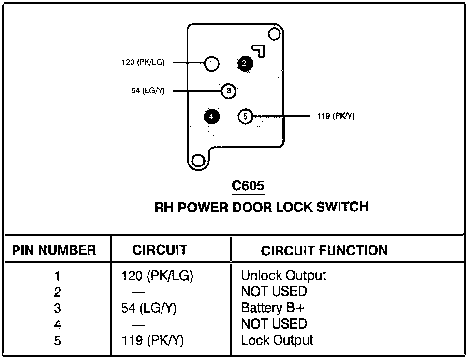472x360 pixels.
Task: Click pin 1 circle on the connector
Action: (211, 63)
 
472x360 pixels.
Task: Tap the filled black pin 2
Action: (245, 63)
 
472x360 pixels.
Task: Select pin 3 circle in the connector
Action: (229, 90)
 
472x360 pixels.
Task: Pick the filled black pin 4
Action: (211, 116)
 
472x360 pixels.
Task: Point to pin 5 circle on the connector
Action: (246, 116)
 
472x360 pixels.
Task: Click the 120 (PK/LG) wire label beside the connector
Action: (143, 62)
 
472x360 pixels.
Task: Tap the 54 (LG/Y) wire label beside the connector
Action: (147, 90)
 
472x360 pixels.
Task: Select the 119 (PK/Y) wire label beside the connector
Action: (336, 116)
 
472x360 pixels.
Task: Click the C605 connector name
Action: (248, 186)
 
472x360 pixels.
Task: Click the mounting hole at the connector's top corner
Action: (274, 34)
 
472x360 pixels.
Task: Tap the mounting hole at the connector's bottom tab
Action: (198, 161)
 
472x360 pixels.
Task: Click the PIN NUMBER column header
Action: (54, 250)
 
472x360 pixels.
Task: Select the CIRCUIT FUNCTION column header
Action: (324, 251)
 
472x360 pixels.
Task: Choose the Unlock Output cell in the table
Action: (283, 276)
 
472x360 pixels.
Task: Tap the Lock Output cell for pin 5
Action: (277, 340)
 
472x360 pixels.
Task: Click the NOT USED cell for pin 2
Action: (274, 292)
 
